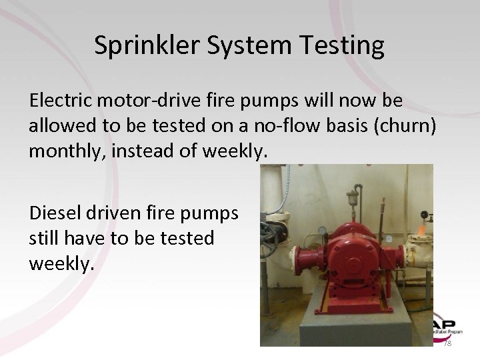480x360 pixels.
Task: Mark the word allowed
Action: (x=60, y=126)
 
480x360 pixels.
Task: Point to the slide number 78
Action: (x=447, y=342)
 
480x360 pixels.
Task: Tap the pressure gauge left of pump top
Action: (x=324, y=231)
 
